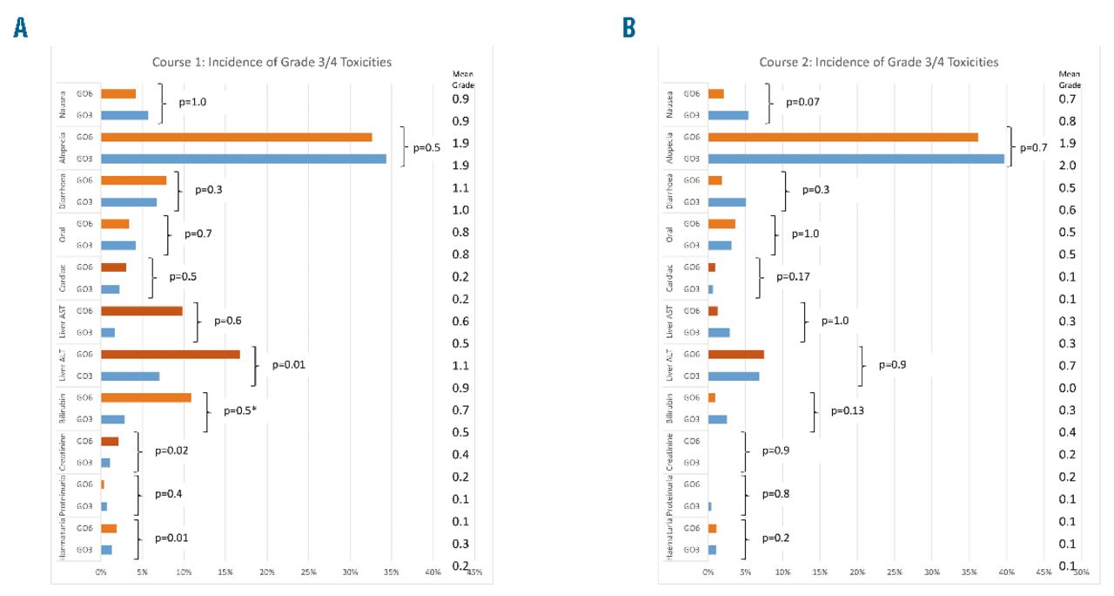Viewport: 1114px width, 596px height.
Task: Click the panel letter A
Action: click(x=20, y=29)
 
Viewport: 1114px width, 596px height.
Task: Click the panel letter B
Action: click(x=628, y=29)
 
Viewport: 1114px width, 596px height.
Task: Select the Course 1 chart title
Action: click(x=272, y=62)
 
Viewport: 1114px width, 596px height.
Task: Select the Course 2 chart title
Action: click(x=878, y=62)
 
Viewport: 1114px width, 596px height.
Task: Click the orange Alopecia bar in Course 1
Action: click(x=236, y=137)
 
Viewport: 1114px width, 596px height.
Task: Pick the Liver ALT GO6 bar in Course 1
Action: click(x=171, y=354)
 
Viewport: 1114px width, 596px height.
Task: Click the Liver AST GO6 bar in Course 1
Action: click(x=142, y=310)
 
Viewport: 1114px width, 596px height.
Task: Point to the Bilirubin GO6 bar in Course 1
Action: click(x=146, y=397)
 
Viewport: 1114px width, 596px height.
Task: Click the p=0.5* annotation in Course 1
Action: click(x=239, y=410)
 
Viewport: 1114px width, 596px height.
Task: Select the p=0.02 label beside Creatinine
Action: click(x=171, y=450)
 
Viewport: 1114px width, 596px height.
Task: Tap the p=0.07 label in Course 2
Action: click(x=803, y=102)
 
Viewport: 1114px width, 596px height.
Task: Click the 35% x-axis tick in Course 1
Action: click(x=392, y=572)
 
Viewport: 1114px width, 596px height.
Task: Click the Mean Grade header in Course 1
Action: click(x=459, y=79)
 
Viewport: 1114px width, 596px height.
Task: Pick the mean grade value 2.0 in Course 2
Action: click(x=1068, y=165)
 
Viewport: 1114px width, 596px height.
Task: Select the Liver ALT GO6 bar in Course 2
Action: click(x=736, y=354)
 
